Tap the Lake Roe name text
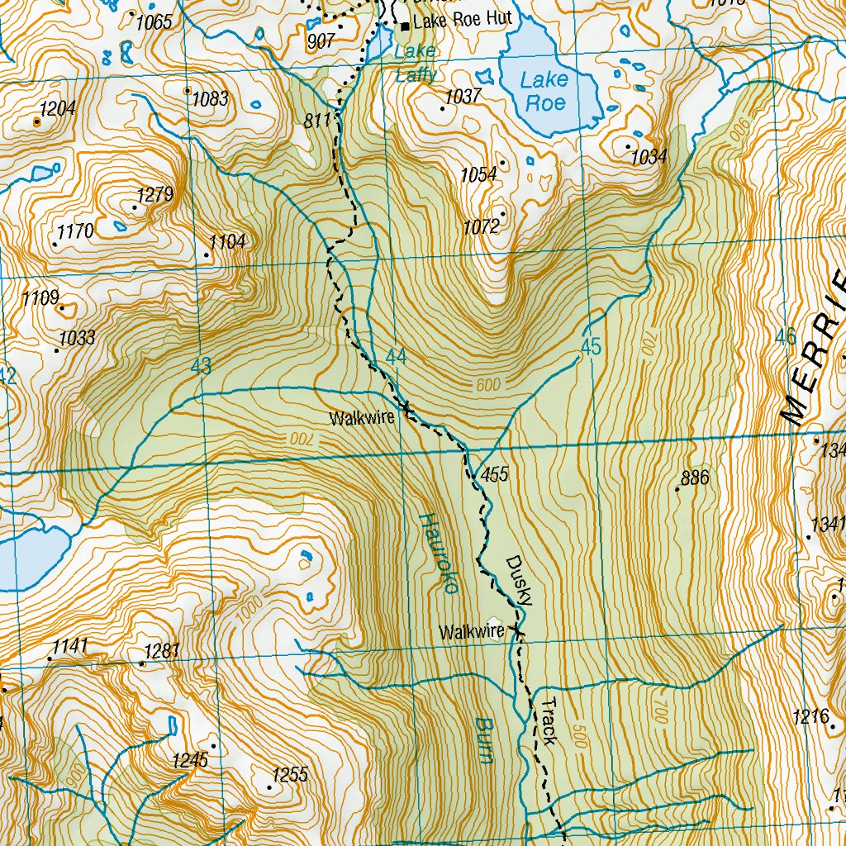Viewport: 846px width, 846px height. (x=544, y=91)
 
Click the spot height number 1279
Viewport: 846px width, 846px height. (x=154, y=195)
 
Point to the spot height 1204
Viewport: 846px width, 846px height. (x=57, y=108)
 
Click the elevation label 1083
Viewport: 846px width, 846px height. (x=210, y=99)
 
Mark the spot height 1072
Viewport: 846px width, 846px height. (x=481, y=226)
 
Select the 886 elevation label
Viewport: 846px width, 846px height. (x=695, y=478)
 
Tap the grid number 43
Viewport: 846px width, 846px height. (x=201, y=366)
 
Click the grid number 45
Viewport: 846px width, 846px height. (x=590, y=348)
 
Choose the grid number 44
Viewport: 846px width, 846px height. (x=396, y=357)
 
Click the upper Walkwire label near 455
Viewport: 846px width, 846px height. (x=362, y=419)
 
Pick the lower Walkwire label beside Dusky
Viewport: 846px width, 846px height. (x=471, y=633)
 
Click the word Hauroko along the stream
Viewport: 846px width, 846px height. (x=439, y=554)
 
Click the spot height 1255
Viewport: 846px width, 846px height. (x=289, y=775)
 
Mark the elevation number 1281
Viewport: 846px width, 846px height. (x=162, y=651)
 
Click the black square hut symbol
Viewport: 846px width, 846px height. (x=405, y=26)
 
